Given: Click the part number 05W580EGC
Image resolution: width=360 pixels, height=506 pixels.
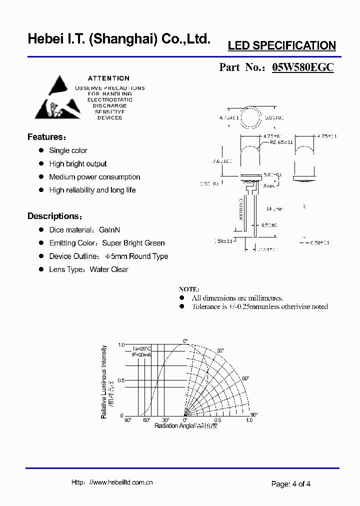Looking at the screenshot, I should coord(302,67).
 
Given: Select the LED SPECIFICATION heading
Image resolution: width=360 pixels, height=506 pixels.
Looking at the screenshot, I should coord(281,45).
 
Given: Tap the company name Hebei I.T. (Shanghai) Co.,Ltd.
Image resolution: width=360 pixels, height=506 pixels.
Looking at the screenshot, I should coord(119,39).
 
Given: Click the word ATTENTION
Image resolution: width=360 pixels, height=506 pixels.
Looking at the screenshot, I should coord(108,78).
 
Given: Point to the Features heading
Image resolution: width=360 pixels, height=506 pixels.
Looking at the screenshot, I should coord(46,137).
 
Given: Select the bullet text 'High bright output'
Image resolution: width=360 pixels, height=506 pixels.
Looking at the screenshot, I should coord(78,163).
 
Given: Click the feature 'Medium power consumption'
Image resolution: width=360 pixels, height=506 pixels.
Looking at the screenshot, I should coord(94,177).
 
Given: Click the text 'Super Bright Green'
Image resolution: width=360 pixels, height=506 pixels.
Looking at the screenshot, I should coord(133,243).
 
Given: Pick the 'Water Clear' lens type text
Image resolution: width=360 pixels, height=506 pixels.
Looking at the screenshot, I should coord(109,269).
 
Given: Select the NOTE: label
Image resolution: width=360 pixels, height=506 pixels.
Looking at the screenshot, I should coord(189,289).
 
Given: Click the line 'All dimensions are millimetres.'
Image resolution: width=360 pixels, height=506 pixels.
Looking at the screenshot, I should coord(237,298).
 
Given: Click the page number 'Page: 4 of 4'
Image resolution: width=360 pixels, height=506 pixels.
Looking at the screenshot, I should coord(291,483).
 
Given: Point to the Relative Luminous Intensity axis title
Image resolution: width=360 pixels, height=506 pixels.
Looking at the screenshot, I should coord(104,381).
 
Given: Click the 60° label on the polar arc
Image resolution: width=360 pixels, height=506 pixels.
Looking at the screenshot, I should coord(245,378).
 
